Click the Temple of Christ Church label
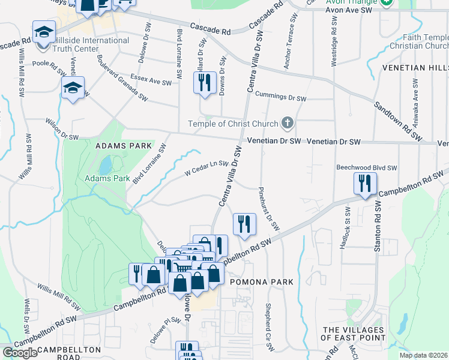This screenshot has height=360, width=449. (233, 124)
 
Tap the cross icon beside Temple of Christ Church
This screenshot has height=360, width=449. (288, 124)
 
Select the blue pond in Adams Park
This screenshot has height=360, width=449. (106, 164)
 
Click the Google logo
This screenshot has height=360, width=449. (20, 353)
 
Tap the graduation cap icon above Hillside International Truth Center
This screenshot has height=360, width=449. (44, 31)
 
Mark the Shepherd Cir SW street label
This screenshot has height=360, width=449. (268, 325)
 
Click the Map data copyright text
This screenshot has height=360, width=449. (424, 355)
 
